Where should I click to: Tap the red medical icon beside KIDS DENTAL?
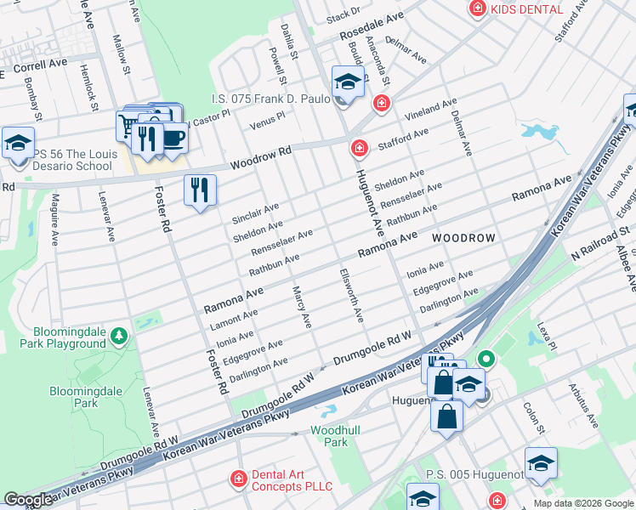coord(478,8)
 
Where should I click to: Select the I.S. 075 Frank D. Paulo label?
coord(271,99)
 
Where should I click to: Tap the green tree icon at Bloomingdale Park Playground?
coord(119,337)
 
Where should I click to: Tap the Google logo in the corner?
coord(28,500)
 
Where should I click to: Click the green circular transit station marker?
coord(486,359)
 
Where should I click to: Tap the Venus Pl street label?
coord(267,125)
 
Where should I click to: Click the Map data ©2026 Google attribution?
coord(582,503)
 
